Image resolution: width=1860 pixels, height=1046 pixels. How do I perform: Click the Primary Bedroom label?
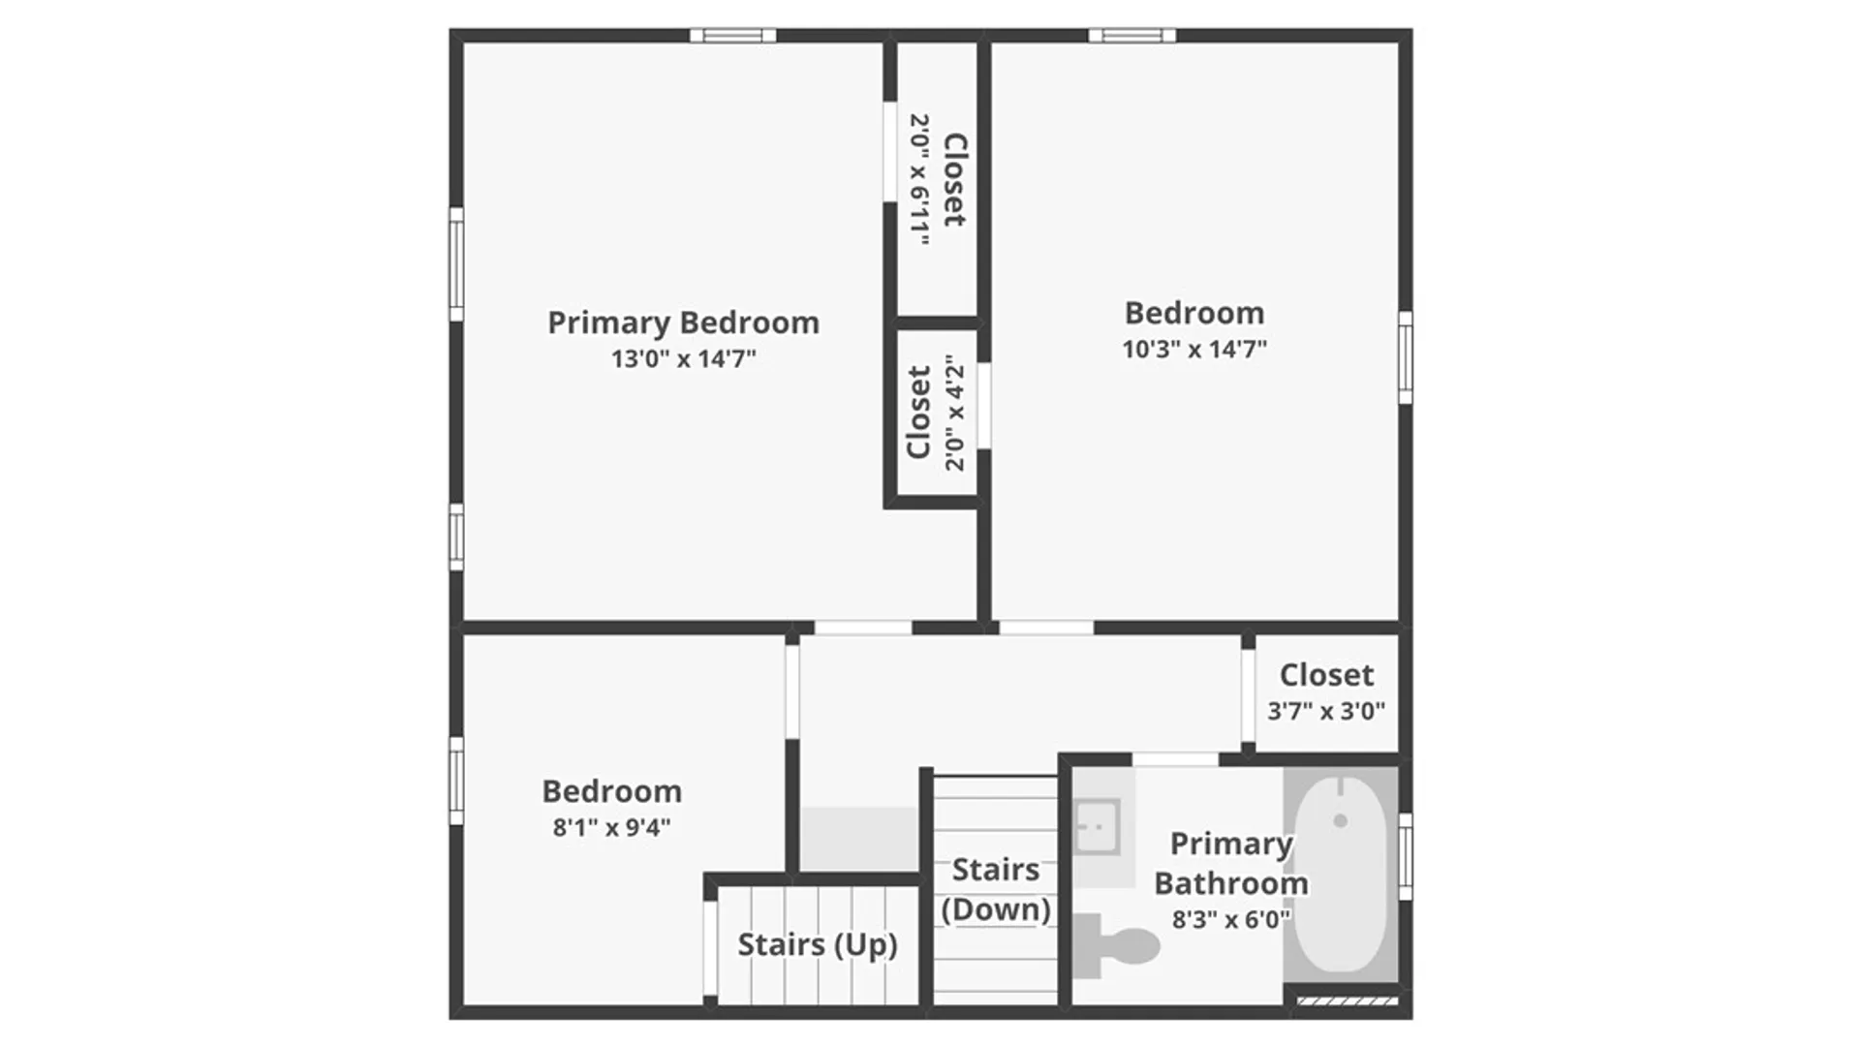(683, 323)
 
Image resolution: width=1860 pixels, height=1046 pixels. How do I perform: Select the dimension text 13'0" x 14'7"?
(683, 358)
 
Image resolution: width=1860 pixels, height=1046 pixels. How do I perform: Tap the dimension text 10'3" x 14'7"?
(1194, 349)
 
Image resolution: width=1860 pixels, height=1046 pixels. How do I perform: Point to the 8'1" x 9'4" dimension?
(611, 827)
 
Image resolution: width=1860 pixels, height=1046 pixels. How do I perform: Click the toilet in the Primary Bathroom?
(1117, 945)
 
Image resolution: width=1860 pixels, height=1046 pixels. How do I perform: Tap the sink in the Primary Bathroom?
(1098, 827)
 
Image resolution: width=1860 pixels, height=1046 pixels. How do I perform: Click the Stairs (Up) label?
(818, 944)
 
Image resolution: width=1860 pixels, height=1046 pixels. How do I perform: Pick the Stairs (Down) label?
(996, 889)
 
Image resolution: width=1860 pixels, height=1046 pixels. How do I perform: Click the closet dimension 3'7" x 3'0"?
(1326, 711)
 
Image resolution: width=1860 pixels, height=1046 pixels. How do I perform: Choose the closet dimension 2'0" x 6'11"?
(919, 179)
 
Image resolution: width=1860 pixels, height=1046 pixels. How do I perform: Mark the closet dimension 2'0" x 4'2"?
(955, 413)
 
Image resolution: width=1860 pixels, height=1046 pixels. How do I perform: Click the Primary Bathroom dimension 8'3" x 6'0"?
(1231, 919)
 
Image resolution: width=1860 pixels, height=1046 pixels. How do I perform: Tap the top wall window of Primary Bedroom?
(732, 36)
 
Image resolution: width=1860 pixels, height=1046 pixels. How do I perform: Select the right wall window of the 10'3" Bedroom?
(1406, 357)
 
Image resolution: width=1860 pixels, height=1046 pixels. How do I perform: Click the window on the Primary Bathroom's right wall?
(1406, 856)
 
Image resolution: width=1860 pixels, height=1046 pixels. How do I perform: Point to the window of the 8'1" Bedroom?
(456, 781)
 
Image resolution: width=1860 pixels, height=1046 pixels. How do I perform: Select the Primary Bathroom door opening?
(1175, 759)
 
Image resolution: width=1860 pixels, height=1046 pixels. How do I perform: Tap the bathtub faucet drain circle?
(1341, 820)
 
